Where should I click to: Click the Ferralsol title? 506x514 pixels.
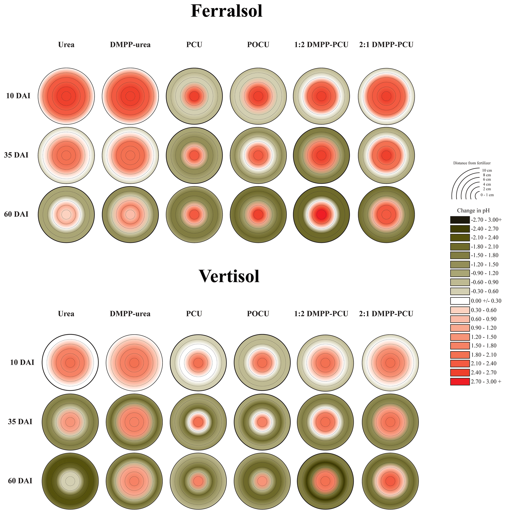click(x=226, y=11)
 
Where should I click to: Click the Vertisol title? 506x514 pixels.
click(x=229, y=276)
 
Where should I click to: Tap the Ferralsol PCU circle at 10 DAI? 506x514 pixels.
click(x=194, y=96)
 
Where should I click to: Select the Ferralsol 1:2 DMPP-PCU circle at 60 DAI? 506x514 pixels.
click(x=321, y=214)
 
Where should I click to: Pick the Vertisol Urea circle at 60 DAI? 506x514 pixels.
click(x=70, y=481)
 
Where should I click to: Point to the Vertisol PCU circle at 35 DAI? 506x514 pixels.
click(x=198, y=422)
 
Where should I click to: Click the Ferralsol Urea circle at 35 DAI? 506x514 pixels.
click(x=66, y=155)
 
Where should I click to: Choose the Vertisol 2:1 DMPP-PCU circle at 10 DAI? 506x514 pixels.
click(x=390, y=362)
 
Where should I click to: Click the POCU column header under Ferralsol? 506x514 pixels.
click(x=258, y=45)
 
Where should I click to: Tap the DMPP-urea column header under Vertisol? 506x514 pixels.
click(x=130, y=314)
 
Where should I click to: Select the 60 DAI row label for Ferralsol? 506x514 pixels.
click(x=16, y=214)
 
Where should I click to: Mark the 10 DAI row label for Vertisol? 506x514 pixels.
click(x=22, y=362)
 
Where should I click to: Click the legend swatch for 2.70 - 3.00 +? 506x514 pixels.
click(x=460, y=381)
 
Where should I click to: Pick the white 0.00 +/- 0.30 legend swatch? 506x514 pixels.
click(x=460, y=301)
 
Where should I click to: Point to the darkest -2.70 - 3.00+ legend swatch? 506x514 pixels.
click(x=460, y=220)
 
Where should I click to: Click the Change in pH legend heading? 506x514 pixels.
click(x=473, y=211)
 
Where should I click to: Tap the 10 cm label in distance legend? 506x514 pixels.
click(x=487, y=170)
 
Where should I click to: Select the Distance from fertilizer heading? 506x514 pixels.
click(x=472, y=163)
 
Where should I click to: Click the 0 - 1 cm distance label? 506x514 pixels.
click(x=487, y=195)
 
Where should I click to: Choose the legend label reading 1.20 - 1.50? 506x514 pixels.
click(x=484, y=337)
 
